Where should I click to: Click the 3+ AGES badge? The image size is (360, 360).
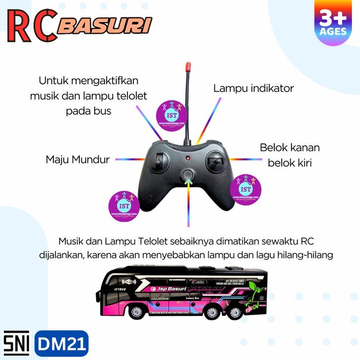(333, 24)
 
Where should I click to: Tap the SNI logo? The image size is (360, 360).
(16, 342)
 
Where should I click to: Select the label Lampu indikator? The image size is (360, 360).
(253, 88)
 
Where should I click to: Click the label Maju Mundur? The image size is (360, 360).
(78, 160)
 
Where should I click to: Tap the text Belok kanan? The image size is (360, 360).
(290, 147)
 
